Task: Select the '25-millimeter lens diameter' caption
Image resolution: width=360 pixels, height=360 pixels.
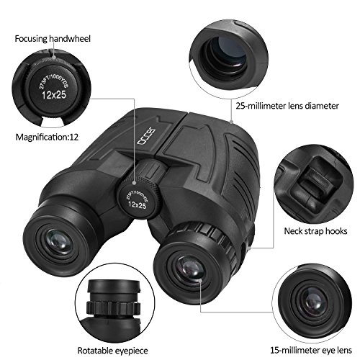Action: [x=286, y=106]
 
